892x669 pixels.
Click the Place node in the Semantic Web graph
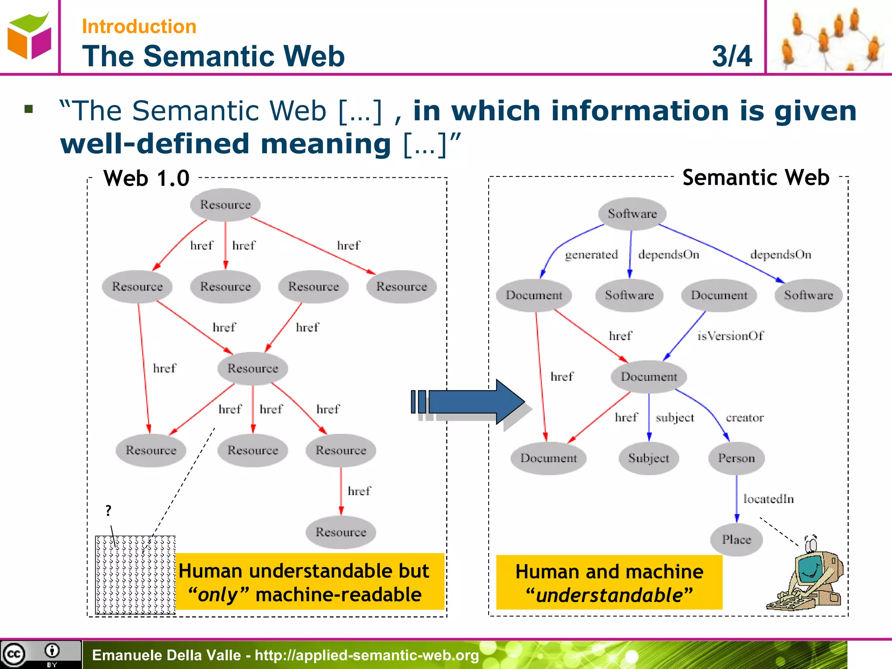pyautogui.click(x=737, y=540)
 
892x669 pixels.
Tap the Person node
pyautogui.click(x=737, y=458)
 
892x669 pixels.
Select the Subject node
pyautogui.click(x=649, y=458)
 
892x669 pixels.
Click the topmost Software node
pyautogui.click(x=632, y=214)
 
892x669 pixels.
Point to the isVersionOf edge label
pyautogui.click(x=730, y=336)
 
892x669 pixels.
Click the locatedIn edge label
pyautogui.click(x=768, y=499)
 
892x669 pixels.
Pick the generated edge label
pyautogui.click(x=591, y=254)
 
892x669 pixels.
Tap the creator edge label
pyautogui.click(x=744, y=418)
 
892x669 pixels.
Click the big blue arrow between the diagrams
pyautogui.click(x=475, y=402)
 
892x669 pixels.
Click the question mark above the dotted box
pyautogui.click(x=108, y=510)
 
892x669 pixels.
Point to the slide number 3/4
pyautogui.click(x=732, y=56)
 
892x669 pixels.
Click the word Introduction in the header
pyautogui.click(x=139, y=27)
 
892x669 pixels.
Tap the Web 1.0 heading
pyautogui.click(x=146, y=178)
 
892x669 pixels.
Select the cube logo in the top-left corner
pyautogui.click(x=29, y=36)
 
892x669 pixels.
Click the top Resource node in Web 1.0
pyautogui.click(x=225, y=205)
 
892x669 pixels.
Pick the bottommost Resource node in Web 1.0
pyautogui.click(x=341, y=532)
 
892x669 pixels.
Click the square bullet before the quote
pyautogui.click(x=29, y=109)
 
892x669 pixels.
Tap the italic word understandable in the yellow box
pyautogui.click(x=609, y=595)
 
